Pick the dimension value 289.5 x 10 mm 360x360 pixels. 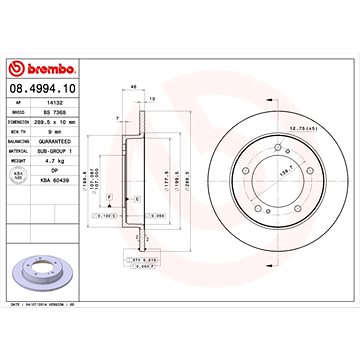pyautogui.click(x=85, y=122)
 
